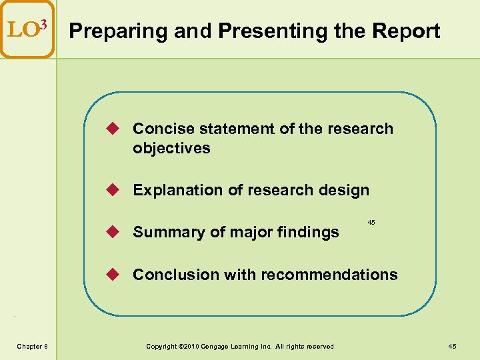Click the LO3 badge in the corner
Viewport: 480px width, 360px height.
tap(27, 29)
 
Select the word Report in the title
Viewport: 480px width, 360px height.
tap(407, 31)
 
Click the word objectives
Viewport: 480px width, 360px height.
tap(171, 148)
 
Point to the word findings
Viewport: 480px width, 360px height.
tap(311, 232)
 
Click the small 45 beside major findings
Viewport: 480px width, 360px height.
tap(371, 221)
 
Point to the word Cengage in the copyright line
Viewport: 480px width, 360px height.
tap(220, 346)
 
